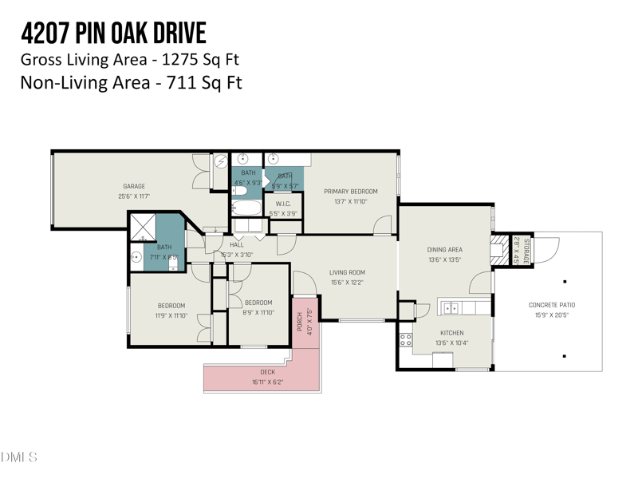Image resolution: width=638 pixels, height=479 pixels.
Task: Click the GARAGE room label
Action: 134,186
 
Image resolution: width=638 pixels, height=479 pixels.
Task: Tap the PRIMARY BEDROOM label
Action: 350,192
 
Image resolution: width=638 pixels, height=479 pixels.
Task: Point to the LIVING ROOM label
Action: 347,272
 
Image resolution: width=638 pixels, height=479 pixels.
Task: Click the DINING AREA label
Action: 444,250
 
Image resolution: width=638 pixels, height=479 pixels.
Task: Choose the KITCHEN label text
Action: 451,333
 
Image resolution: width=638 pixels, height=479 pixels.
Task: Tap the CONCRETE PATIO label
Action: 551,305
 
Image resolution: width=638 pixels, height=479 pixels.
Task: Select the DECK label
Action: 267,372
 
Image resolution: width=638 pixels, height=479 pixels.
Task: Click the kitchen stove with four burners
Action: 405,342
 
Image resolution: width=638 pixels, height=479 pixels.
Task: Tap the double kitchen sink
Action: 451,307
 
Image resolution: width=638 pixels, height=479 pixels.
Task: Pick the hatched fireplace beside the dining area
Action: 498,248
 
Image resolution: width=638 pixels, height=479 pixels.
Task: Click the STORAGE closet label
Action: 526,251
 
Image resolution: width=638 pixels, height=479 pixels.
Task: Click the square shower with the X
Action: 142,227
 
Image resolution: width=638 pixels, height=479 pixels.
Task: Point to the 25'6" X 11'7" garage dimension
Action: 134,196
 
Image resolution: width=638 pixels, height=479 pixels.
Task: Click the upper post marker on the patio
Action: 565,282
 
